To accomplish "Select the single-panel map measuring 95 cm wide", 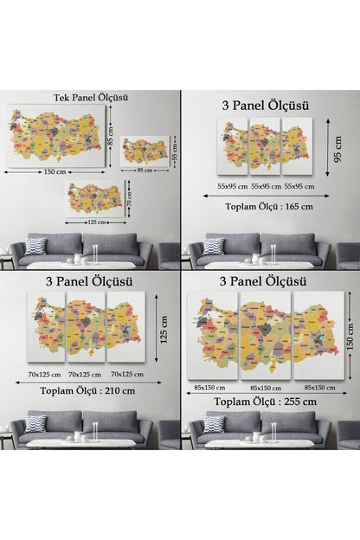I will pyautogui.click(x=145, y=151).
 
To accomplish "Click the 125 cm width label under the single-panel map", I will pyautogui.click(x=97, y=222).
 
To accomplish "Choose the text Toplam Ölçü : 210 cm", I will pyautogui.click(x=87, y=390).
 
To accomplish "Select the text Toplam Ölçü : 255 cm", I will pyautogui.click(x=264, y=401).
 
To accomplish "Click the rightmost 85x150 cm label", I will pyautogui.click(x=318, y=387).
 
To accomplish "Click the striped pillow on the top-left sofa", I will pyautogui.click(x=35, y=246).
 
